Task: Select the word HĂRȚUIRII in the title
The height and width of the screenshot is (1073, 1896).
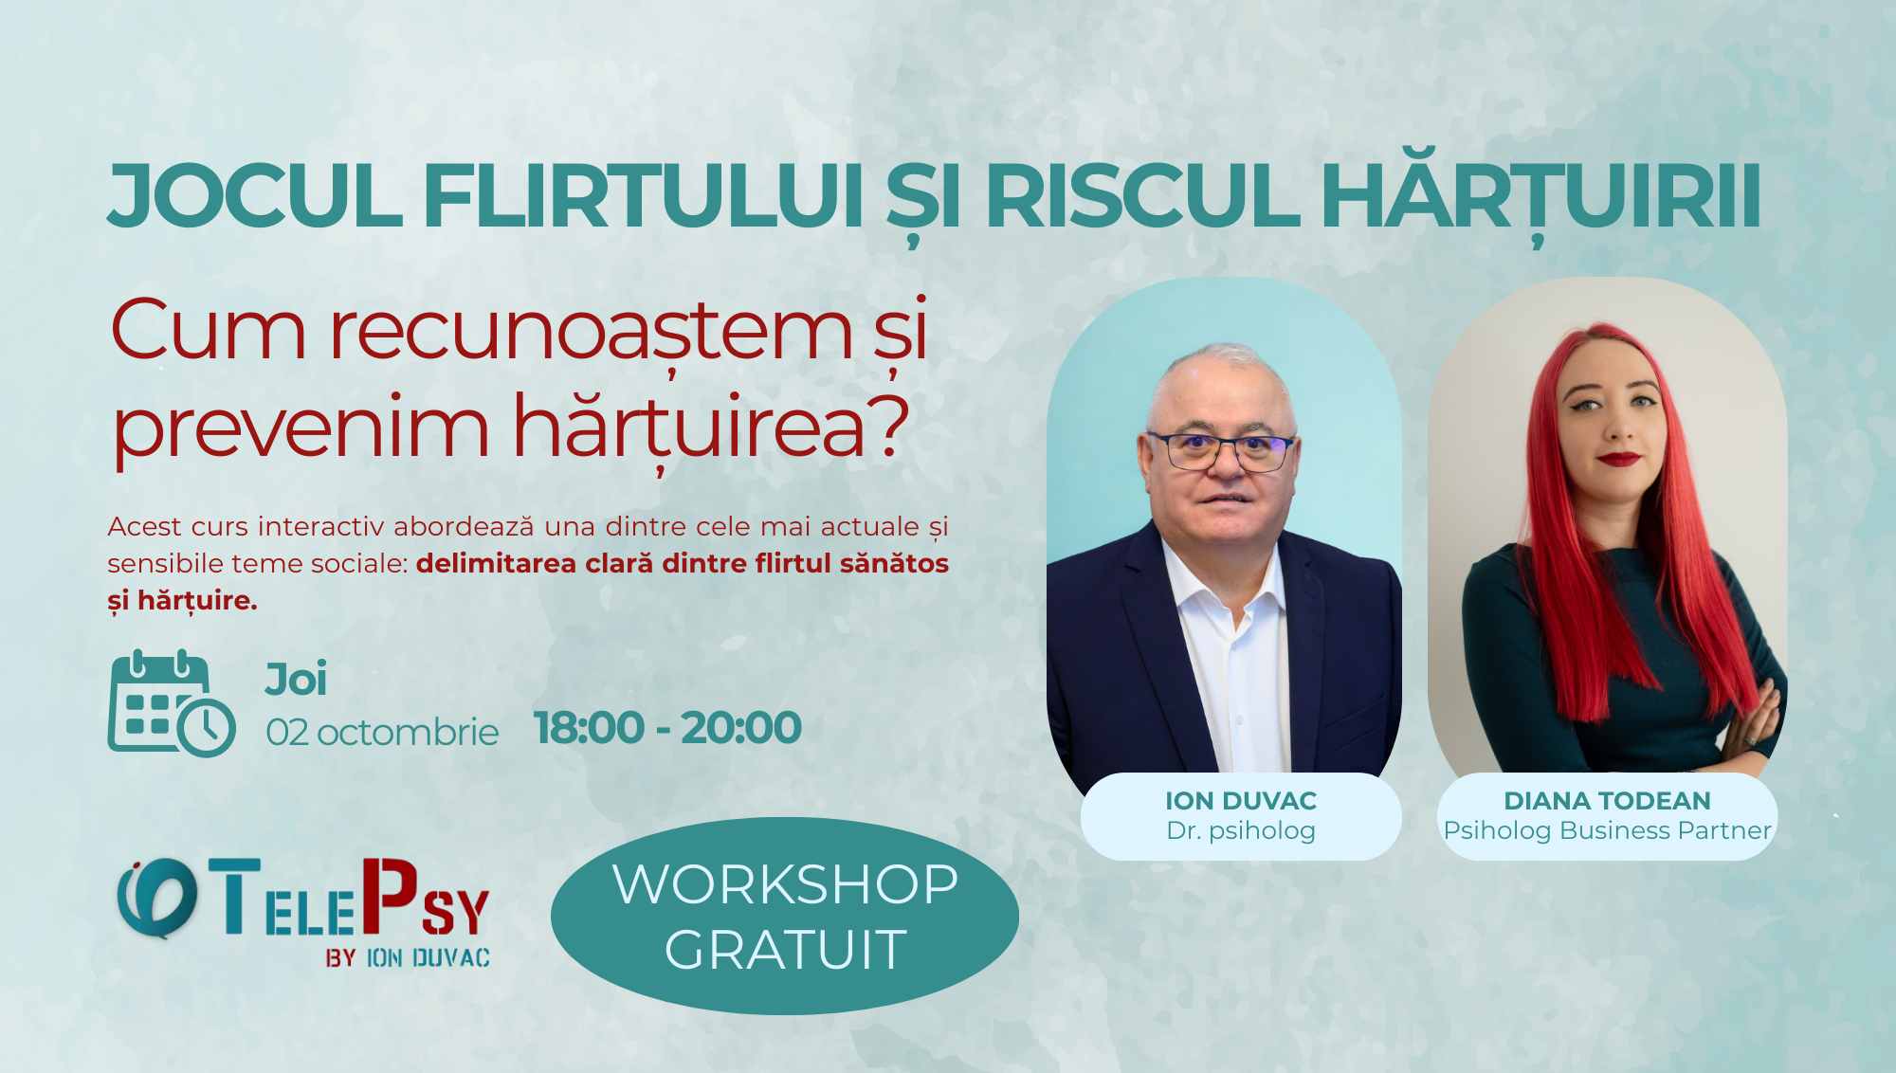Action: pos(1540,197)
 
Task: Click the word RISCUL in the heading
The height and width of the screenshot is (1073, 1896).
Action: pos(1141,197)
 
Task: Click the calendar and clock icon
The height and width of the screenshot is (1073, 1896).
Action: pos(171,703)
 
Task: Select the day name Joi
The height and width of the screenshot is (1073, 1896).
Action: pos(296,680)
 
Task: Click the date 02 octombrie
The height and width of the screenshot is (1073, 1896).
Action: pos(382,733)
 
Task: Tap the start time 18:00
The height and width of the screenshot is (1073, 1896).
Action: pos(589,728)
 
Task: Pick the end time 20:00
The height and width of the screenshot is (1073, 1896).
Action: pos(741,728)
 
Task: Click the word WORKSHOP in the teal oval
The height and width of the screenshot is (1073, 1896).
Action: pos(785,884)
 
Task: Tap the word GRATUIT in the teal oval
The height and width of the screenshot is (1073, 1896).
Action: pos(785,950)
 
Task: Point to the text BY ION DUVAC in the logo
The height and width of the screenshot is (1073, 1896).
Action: pos(408,958)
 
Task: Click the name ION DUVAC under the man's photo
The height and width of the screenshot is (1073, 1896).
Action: pos(1241,801)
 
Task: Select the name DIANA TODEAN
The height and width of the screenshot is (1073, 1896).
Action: pos(1607,801)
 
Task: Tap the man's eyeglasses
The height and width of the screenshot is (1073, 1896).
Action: pos(1221,451)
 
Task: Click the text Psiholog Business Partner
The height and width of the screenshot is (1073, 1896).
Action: pos(1607,831)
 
